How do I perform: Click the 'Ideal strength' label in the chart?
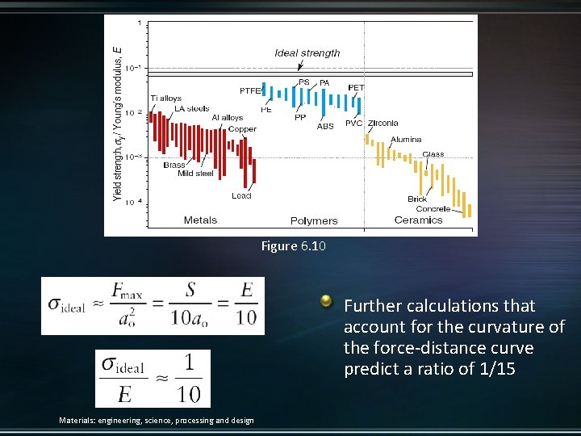307,53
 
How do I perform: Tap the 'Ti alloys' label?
166,99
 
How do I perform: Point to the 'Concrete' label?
433,209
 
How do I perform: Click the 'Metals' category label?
200,220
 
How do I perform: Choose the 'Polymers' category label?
314,221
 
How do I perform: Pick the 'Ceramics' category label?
418,220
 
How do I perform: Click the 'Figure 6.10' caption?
293,246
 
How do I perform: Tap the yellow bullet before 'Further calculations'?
326,301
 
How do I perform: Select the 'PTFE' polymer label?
251,90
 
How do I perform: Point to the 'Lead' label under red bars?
241,195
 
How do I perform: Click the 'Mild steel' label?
195,174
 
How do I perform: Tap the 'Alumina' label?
406,140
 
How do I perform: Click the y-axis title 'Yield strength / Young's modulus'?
118,121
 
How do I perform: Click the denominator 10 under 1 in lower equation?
188,393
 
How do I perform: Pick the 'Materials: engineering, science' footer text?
157,420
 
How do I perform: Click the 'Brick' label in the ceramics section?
417,199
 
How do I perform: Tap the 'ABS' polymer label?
325,126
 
